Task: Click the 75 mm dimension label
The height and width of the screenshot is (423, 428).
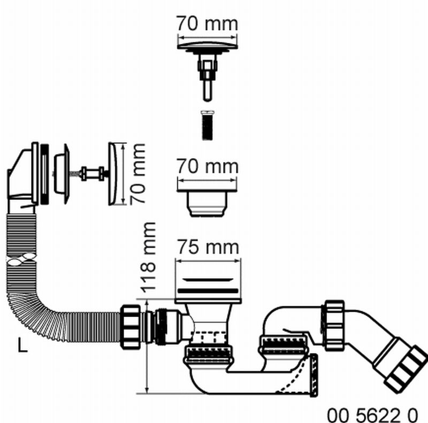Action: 208,247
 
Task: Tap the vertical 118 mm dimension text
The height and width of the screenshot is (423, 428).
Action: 148,258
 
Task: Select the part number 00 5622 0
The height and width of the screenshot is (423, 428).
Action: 372,415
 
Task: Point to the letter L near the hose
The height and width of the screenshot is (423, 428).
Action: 22,345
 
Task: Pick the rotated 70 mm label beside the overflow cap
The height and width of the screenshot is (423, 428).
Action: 137,174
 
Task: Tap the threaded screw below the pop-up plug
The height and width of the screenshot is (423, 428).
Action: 208,125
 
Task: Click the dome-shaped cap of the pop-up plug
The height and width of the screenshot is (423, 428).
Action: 208,45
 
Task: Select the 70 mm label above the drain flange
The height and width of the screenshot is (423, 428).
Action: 208,166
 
